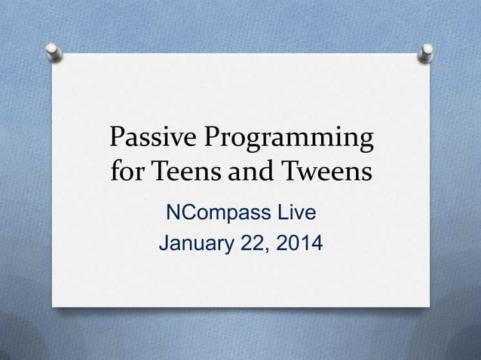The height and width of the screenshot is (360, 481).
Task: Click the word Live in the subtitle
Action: click(293, 216)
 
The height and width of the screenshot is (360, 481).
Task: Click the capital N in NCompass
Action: click(172, 216)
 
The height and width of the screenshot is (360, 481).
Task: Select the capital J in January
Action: click(159, 246)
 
